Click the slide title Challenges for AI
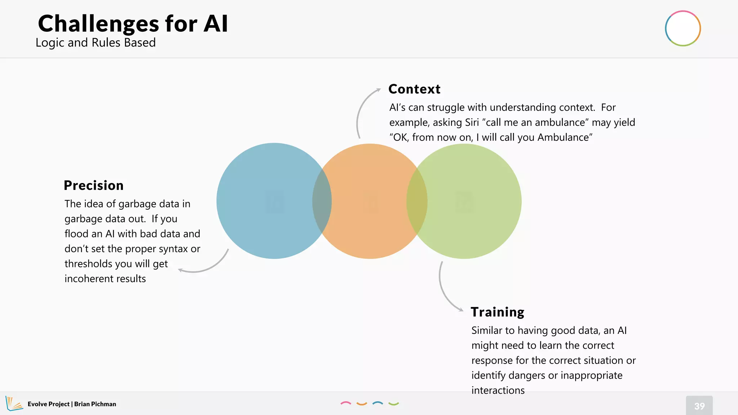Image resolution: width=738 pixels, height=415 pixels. (133, 24)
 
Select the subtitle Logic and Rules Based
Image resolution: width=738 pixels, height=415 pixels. (95, 43)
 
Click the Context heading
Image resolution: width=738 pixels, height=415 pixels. (414, 89)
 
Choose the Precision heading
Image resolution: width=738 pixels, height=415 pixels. (94, 185)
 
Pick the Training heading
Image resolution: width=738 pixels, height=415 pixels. (497, 312)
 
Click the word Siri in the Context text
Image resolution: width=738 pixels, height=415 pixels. (472, 122)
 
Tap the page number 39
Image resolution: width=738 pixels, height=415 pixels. (699, 406)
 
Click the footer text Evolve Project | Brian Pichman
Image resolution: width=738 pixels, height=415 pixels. (72, 404)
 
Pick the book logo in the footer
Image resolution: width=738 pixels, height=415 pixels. (14, 403)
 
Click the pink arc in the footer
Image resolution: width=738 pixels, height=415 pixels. (346, 403)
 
